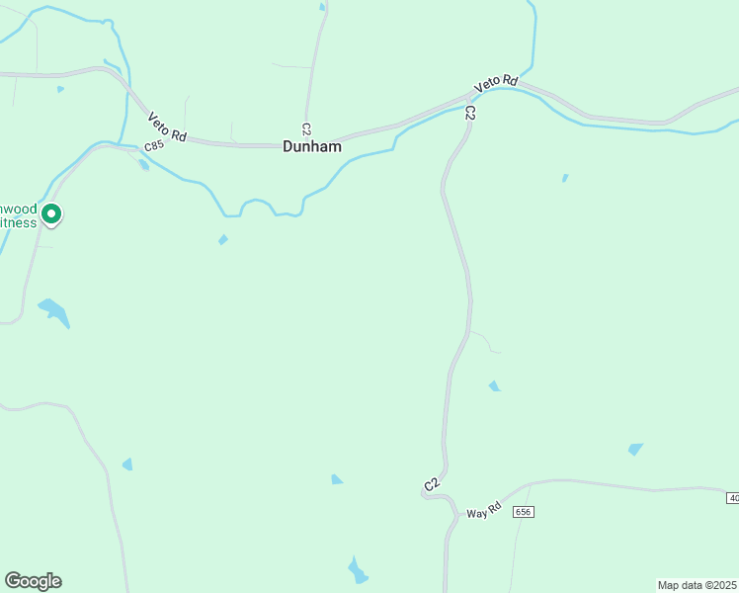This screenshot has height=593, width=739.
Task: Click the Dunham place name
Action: click(312, 146)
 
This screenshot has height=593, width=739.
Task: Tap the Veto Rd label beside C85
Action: click(167, 127)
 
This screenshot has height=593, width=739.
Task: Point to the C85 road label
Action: click(152, 146)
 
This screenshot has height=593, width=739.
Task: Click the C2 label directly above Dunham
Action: click(306, 129)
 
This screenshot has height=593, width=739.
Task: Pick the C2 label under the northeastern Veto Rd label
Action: click(470, 113)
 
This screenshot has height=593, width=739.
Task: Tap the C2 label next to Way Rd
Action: click(431, 484)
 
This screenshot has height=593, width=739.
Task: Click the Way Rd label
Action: click(484, 512)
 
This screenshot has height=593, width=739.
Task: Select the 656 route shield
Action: click(524, 511)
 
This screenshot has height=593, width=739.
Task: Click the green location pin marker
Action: click(52, 213)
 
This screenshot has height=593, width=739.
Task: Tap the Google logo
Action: click(33, 581)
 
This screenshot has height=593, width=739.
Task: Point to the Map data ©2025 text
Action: click(697, 585)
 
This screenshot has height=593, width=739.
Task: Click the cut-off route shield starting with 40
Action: click(732, 497)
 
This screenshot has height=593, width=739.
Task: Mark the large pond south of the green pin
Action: click(54, 312)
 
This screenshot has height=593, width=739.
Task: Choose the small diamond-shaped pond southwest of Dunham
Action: click(223, 239)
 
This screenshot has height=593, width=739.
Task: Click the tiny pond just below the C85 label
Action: click(144, 165)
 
